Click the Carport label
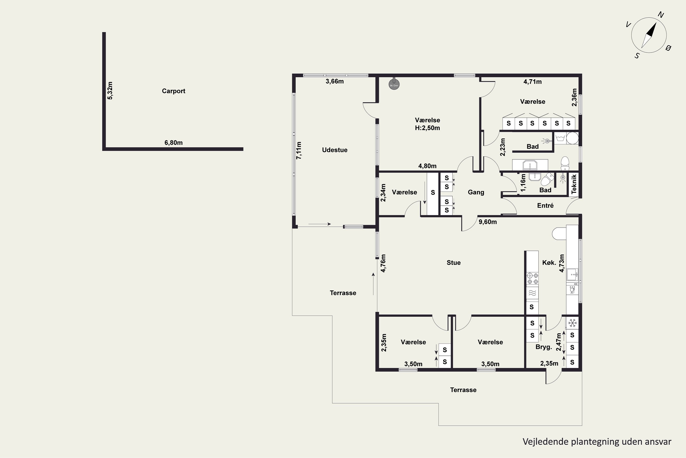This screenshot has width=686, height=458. [x=174, y=91]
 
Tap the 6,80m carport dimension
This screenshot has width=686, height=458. [x=174, y=142]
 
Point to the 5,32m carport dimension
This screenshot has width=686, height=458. [x=110, y=90]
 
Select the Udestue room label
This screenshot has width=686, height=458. [x=335, y=150]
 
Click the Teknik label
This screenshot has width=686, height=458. [x=574, y=184]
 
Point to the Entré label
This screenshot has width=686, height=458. [x=545, y=205]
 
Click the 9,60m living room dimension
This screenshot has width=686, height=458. [x=488, y=222]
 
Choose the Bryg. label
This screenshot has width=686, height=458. [x=544, y=347]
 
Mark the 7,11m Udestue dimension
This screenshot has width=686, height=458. [x=299, y=150]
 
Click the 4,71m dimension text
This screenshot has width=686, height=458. [x=532, y=82]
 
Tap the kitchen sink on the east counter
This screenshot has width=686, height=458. [x=572, y=275]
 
